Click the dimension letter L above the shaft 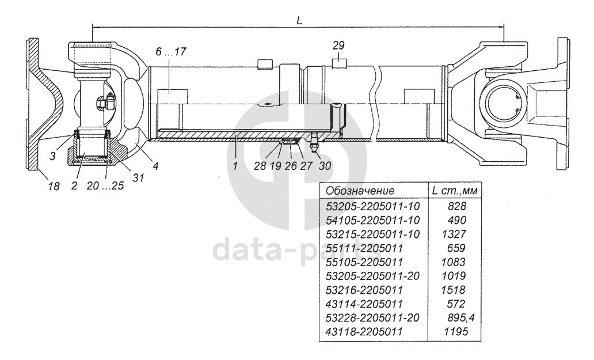(x=299, y=19)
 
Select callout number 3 (x=53, y=156)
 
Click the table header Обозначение (x=360, y=191)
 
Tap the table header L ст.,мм (x=455, y=191)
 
